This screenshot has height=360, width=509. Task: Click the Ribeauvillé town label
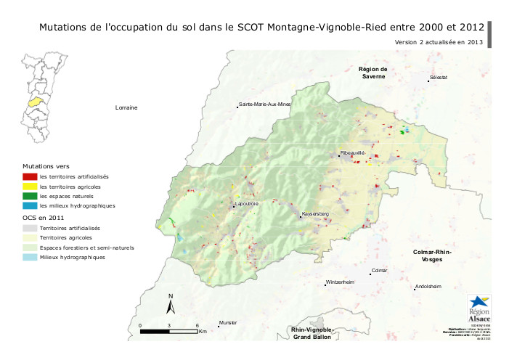click(x=352, y=153)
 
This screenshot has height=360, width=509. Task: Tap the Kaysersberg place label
click(x=316, y=214)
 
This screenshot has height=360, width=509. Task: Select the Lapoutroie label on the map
click(x=247, y=204)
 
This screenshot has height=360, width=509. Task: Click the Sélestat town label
click(x=439, y=76)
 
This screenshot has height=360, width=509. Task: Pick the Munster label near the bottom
click(x=229, y=323)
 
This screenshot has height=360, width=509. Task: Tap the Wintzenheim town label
click(x=340, y=282)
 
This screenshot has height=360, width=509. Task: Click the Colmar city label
click(x=380, y=271)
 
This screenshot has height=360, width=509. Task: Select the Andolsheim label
click(x=428, y=287)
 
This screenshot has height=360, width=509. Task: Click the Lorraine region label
click(x=126, y=107)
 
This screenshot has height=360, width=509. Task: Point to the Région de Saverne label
click(x=372, y=73)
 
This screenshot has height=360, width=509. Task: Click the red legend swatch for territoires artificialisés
click(x=30, y=176)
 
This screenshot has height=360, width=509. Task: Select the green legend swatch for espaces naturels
click(x=30, y=196)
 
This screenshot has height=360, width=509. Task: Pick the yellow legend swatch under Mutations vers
click(x=30, y=187)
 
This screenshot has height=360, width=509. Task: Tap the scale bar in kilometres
click(x=168, y=332)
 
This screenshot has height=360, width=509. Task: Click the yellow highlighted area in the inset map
click(x=34, y=102)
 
